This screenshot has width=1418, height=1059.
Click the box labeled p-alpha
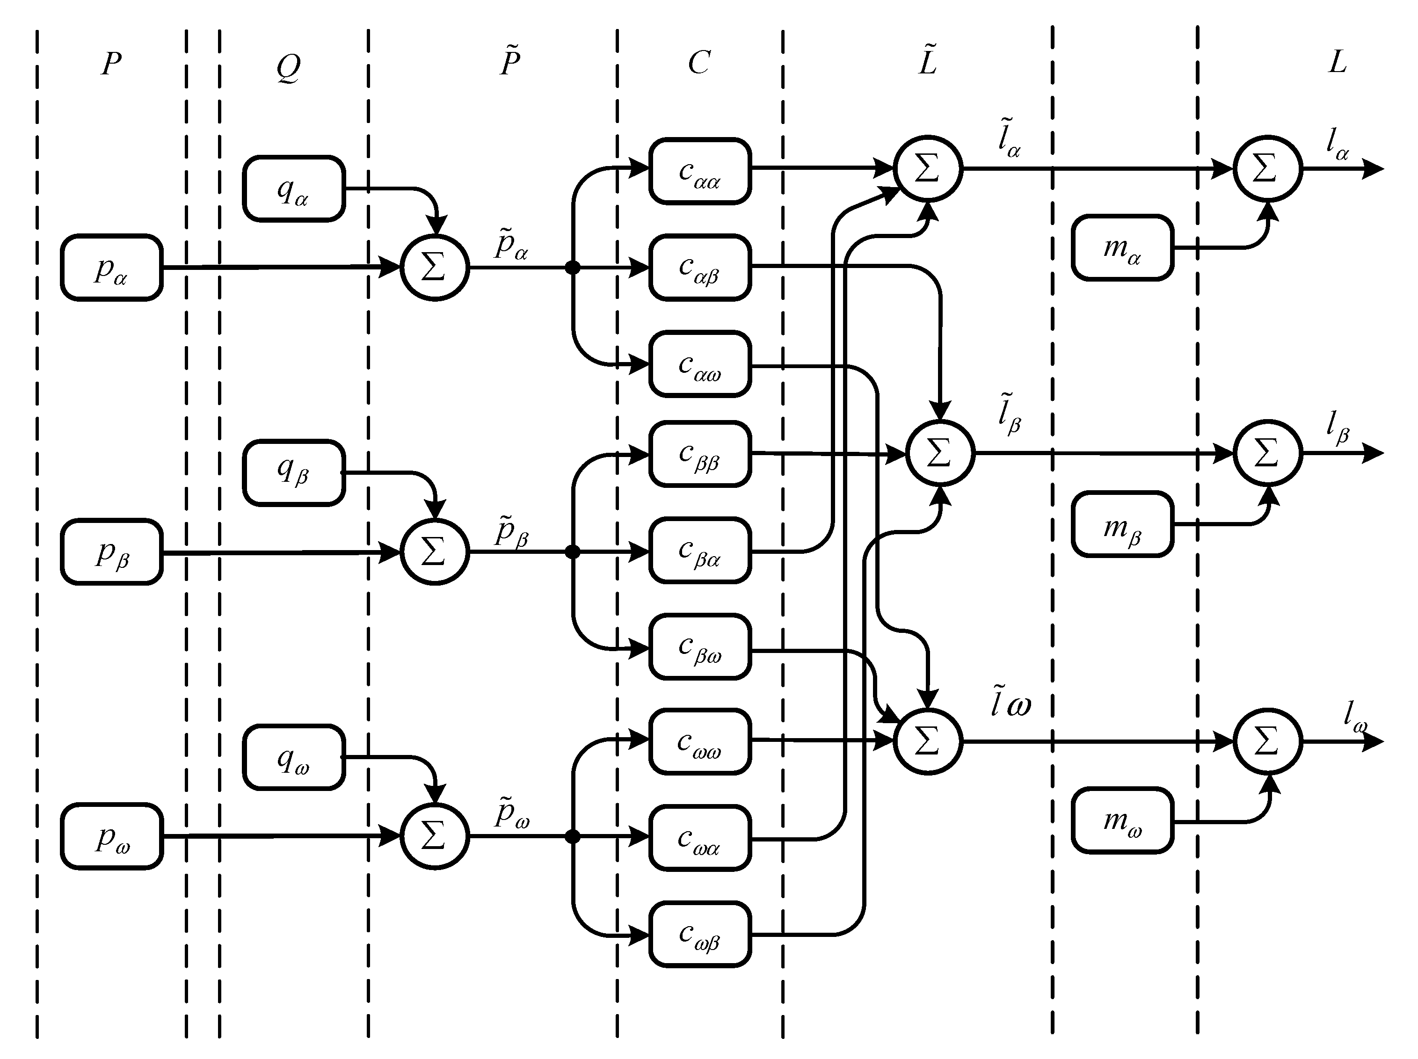coord(111,267)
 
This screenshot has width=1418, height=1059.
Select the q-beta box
coord(294,472)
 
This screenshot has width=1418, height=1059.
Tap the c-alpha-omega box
coord(699,364)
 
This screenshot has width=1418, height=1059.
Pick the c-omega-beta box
coord(699,934)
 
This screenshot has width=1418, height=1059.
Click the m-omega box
coord(1122,820)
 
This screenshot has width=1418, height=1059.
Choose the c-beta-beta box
coord(699,454)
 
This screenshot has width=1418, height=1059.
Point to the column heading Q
coord(288,66)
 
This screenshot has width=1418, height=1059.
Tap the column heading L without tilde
coord(1337,63)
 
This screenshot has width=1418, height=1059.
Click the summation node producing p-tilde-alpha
coord(435,267)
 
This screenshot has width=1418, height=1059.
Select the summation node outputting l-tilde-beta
coord(940,453)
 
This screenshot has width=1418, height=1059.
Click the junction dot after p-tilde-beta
coord(573,552)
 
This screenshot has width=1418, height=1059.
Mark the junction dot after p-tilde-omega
coord(573,836)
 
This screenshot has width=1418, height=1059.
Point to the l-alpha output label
coord(1337,144)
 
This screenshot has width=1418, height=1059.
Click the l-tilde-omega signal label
coord(1010,702)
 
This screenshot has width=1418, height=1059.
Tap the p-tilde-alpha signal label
coord(511,244)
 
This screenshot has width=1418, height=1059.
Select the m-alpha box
coord(1122,247)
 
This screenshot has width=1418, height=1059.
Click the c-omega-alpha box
coord(699,838)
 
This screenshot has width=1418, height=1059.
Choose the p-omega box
coord(111,836)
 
